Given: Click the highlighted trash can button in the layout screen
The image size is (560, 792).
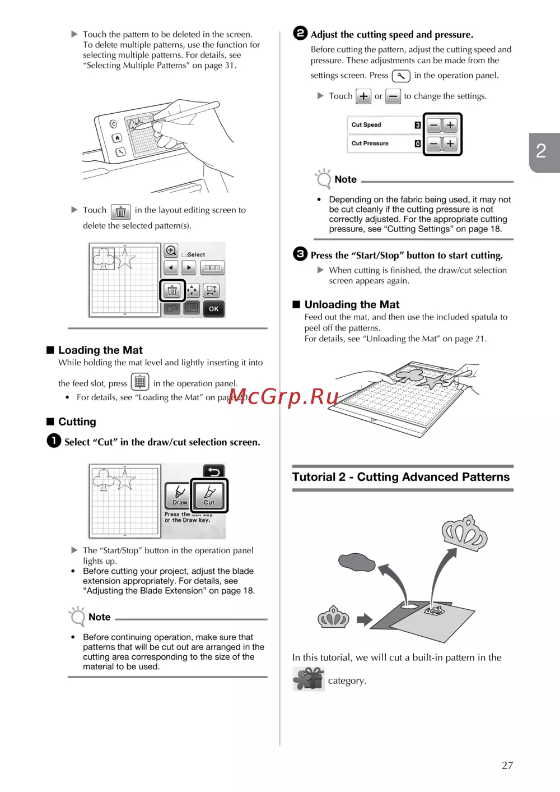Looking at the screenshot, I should [172, 290].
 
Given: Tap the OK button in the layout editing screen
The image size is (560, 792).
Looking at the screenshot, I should [213, 309].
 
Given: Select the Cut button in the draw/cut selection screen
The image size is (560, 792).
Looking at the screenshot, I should [209, 495].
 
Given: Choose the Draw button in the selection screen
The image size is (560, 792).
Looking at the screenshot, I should [179, 495].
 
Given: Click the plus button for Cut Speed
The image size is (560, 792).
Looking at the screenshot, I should [450, 125].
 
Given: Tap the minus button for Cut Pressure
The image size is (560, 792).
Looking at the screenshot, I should [434, 144].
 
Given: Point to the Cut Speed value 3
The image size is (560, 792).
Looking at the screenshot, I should [418, 125].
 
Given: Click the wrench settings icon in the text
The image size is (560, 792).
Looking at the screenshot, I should [401, 76].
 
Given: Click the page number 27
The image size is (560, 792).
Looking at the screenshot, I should [507, 765].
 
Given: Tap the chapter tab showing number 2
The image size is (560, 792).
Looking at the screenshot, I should [542, 151].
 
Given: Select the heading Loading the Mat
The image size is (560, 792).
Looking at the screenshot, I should [100, 350].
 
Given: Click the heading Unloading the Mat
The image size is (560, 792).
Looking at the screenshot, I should [352, 305].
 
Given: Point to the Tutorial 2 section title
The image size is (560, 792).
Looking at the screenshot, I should [401, 477].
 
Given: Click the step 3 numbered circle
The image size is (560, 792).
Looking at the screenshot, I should [300, 254].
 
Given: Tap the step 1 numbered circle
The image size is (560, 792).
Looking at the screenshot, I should [54, 441].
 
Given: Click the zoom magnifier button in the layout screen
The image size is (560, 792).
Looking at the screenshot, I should [171, 251].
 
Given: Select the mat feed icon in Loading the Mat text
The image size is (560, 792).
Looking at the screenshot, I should [140, 382].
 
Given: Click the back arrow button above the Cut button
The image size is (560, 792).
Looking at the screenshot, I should [213, 471].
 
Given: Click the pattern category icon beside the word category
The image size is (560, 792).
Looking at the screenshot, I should [308, 679].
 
